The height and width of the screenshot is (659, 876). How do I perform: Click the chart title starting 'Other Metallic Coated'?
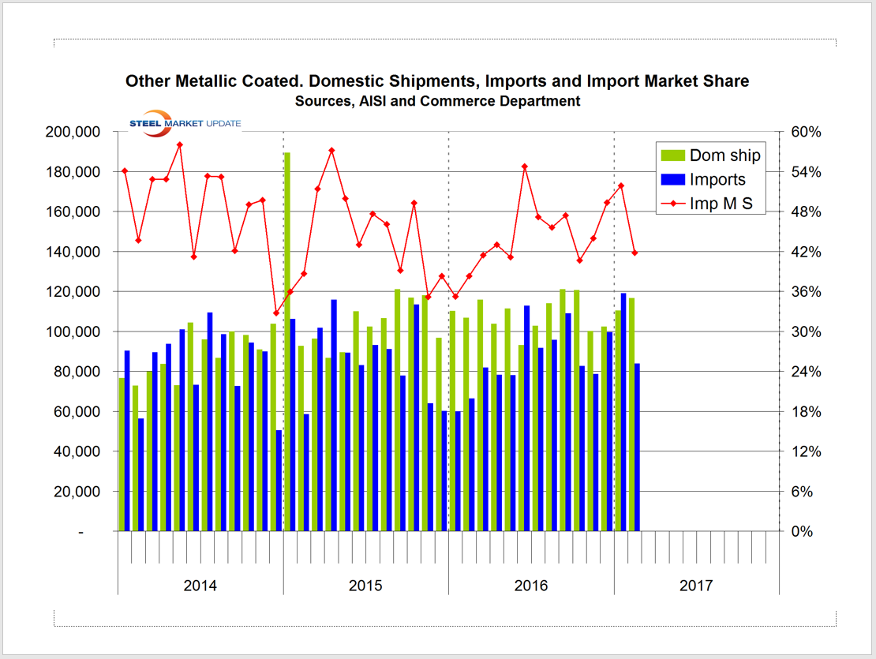pos(437,81)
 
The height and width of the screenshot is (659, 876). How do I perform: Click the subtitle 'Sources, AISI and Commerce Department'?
pos(437,101)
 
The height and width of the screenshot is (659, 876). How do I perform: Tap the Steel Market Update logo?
pos(185,123)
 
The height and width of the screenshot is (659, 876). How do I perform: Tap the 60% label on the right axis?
pos(807,132)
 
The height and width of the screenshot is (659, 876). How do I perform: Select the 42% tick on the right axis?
pos(807,252)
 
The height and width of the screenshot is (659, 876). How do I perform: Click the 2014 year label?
pos(200,586)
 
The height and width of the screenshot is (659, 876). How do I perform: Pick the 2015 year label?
pos(365,586)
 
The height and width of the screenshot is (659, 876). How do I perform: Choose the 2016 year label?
pos(531,586)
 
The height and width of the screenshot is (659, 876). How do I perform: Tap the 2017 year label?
pos(696,586)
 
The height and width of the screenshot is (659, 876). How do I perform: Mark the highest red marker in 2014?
pos(180,145)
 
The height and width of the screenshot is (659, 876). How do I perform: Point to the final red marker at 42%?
pos(635,253)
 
